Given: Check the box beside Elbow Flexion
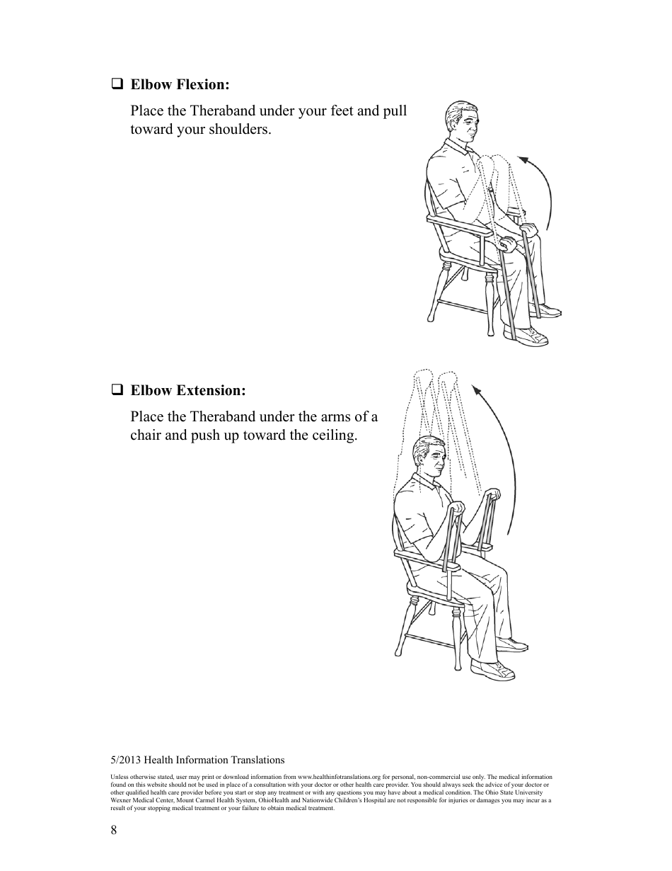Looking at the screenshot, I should [117, 84].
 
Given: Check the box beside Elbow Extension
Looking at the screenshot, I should [117, 390].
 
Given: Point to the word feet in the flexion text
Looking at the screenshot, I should [344, 111].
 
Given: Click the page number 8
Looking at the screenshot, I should [114, 831].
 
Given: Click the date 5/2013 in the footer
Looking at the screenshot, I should [126, 760].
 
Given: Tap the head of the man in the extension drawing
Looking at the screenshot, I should [429, 457].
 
